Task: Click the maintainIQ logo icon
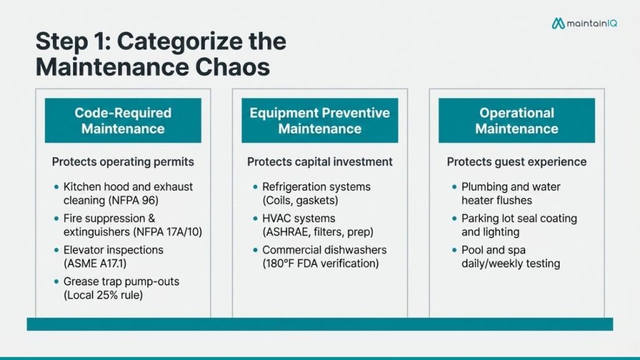coord(558,23)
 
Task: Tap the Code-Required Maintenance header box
coord(123,121)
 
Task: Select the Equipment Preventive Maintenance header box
coord(319,121)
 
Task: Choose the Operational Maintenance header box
coord(516,121)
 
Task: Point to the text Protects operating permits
coord(123,162)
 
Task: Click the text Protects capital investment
coord(319,162)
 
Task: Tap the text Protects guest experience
coord(516,162)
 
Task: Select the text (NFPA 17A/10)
coord(168,232)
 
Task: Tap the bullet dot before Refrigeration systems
coord(255,187)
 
